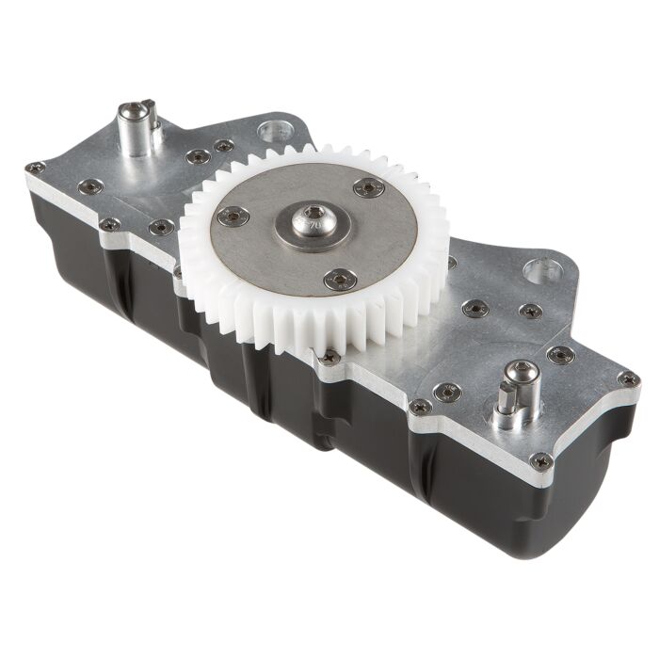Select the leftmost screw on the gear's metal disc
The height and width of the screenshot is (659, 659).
(x=232, y=216)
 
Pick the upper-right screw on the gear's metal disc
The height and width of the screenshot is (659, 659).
(x=369, y=187)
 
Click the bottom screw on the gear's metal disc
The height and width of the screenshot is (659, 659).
(x=339, y=279)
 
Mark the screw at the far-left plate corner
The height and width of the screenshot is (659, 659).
(x=35, y=169)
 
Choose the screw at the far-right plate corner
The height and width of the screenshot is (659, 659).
(x=628, y=379)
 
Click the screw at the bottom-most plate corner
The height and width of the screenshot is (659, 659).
(x=540, y=461)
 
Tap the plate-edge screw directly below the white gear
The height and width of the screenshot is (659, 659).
(x=329, y=358)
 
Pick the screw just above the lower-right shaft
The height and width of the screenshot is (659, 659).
(x=561, y=355)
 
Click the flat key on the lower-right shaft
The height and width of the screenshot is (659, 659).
(x=501, y=412)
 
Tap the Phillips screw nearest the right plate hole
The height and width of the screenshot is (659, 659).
(x=530, y=311)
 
